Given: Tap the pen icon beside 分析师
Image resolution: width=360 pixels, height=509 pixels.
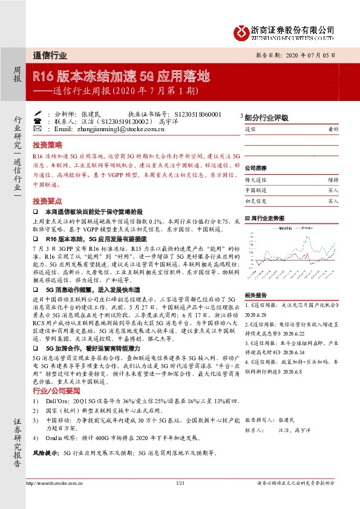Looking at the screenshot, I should (38, 113).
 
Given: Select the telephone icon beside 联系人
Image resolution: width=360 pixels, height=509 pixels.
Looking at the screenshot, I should (38, 121).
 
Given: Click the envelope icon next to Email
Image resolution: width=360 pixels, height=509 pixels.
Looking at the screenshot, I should (38, 129).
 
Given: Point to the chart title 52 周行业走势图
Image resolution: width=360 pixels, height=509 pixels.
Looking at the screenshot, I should (263, 217).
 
